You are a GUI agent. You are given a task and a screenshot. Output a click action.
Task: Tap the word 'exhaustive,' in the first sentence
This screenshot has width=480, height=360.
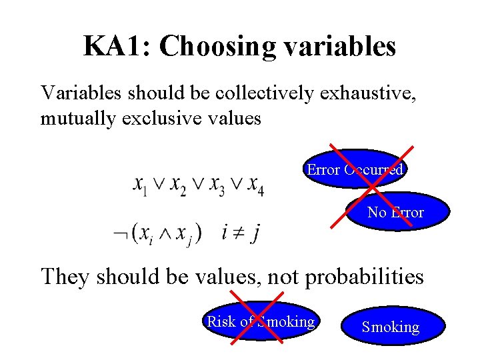[378, 94]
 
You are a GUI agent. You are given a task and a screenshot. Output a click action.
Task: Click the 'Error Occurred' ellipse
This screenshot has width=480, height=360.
[355, 169]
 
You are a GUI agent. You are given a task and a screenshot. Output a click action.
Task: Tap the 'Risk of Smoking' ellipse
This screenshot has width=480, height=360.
[261, 321]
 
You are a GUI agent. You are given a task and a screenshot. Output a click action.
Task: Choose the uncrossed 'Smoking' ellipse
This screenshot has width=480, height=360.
[391, 326]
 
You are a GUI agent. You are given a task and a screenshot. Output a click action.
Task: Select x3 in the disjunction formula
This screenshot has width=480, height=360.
[217, 184]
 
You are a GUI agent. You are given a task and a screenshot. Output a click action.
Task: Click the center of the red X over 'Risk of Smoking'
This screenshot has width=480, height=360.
[257, 317]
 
